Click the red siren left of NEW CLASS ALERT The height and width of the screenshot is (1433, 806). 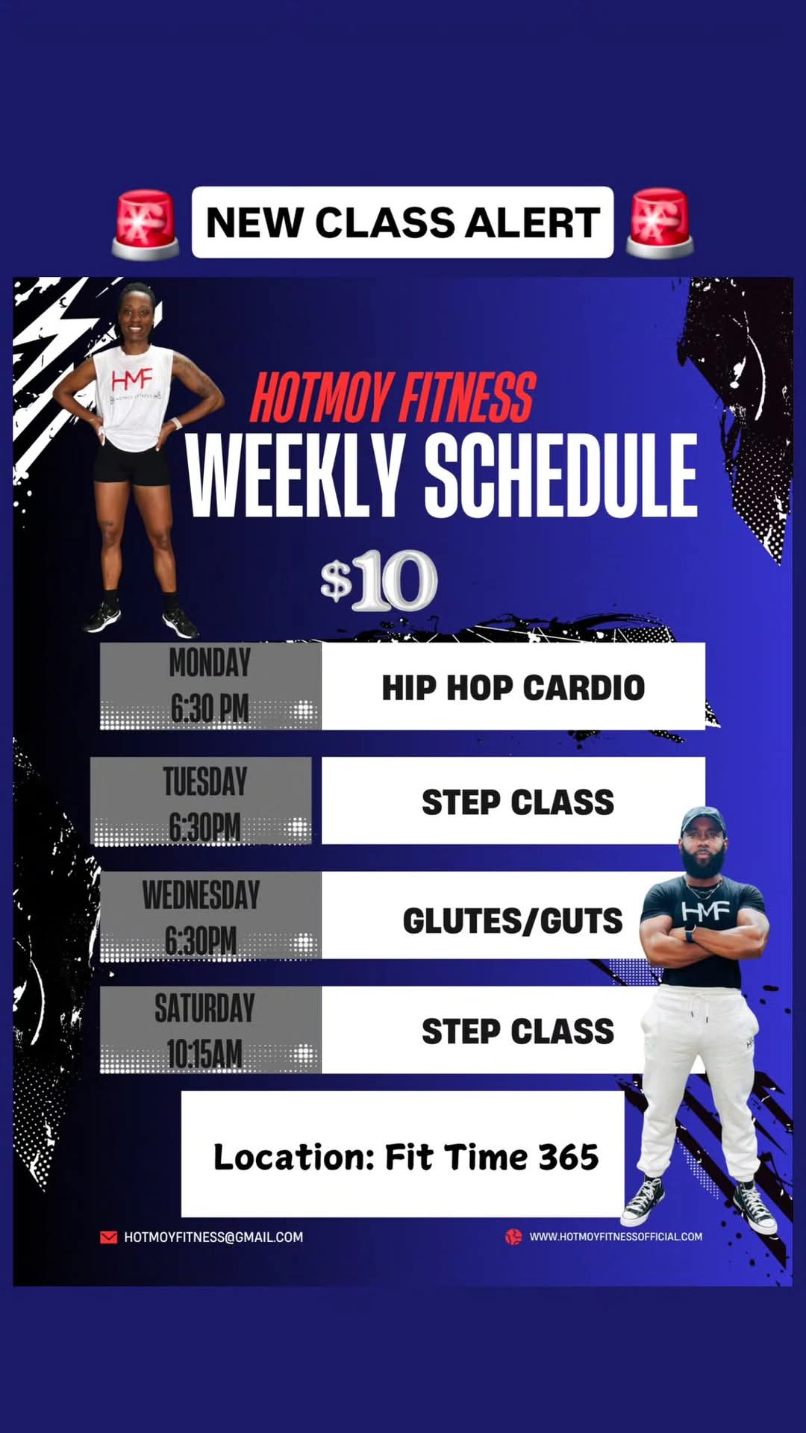pyautogui.click(x=146, y=225)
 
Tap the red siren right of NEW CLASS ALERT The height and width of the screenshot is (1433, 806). pyautogui.click(x=660, y=225)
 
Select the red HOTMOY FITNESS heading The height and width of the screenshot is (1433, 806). pyautogui.click(x=393, y=398)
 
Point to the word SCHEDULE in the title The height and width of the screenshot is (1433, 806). pyautogui.click(x=561, y=475)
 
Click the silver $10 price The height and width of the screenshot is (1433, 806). pyautogui.click(x=378, y=581)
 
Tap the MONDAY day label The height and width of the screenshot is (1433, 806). pyautogui.click(x=210, y=663)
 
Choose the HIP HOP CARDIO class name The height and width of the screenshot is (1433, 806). pyautogui.click(x=513, y=688)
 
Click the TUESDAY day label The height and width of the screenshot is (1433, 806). pyautogui.click(x=205, y=781)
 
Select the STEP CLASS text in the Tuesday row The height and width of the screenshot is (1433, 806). pyautogui.click(x=518, y=802)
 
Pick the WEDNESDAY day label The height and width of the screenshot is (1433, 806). pyautogui.click(x=201, y=895)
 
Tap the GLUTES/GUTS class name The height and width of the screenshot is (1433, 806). pyautogui.click(x=513, y=921)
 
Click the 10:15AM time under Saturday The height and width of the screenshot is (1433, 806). pyautogui.click(x=204, y=1054)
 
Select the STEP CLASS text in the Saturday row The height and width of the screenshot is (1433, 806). pyautogui.click(x=518, y=1031)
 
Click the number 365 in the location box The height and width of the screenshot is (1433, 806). pyautogui.click(x=569, y=1158)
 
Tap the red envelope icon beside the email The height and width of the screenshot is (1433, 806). pyautogui.click(x=108, y=1237)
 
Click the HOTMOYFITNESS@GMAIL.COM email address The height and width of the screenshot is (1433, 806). pyautogui.click(x=213, y=1237)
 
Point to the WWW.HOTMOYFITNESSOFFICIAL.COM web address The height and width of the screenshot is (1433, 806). pyautogui.click(x=616, y=1237)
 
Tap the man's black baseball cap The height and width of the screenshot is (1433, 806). pyautogui.click(x=703, y=820)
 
